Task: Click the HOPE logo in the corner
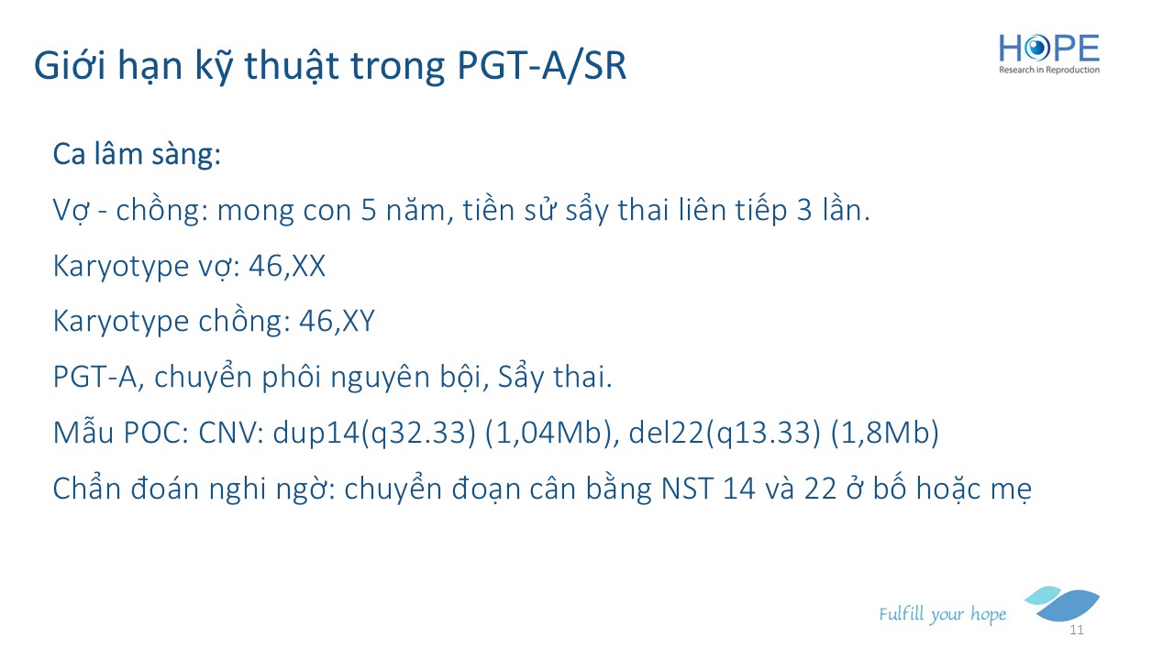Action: [x=1048, y=54]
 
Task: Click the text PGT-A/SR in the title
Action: [x=541, y=66]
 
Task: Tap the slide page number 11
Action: [x=1077, y=630]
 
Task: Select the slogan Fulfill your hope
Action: [x=942, y=614]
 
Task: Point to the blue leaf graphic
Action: [x=1062, y=603]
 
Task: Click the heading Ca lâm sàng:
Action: [x=137, y=154]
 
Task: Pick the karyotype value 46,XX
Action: [x=287, y=266]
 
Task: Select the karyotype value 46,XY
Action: [x=337, y=321]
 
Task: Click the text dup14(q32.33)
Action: [x=374, y=434]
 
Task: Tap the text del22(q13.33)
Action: [x=725, y=434]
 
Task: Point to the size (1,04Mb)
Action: [x=552, y=434]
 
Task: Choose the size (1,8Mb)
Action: [x=885, y=434]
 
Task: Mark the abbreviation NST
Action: [x=687, y=489]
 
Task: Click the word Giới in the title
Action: [x=71, y=66]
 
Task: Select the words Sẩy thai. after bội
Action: [x=555, y=377]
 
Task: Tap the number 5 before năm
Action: [x=369, y=211]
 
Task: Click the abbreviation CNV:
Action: [x=231, y=434]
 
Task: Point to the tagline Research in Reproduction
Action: [x=1048, y=70]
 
